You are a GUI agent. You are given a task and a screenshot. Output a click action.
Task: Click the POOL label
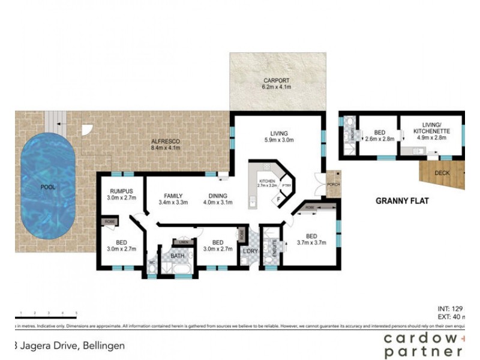(47, 187)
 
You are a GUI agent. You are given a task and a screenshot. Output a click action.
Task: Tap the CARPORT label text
(277, 80)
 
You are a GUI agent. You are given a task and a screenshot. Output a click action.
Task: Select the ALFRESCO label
(166, 142)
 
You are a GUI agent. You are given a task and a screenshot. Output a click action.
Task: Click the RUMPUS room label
(120, 191)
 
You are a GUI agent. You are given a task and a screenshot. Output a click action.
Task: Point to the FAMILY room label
(173, 196)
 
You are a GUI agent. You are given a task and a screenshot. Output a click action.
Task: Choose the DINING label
(218, 196)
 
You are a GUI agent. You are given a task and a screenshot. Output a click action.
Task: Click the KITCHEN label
(267, 181)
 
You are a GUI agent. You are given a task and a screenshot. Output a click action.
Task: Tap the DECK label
(442, 173)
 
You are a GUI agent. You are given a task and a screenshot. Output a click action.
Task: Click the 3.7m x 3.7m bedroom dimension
(311, 242)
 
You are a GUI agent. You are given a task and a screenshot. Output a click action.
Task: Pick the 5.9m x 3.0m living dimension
(278, 140)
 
